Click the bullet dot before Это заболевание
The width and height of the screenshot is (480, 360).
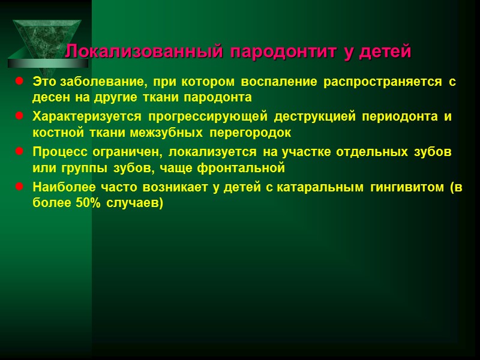click(19, 81)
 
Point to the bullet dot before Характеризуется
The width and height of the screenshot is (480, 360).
click(19, 115)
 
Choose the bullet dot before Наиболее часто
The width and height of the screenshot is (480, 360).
click(19, 187)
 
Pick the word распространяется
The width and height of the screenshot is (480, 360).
click(383, 82)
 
